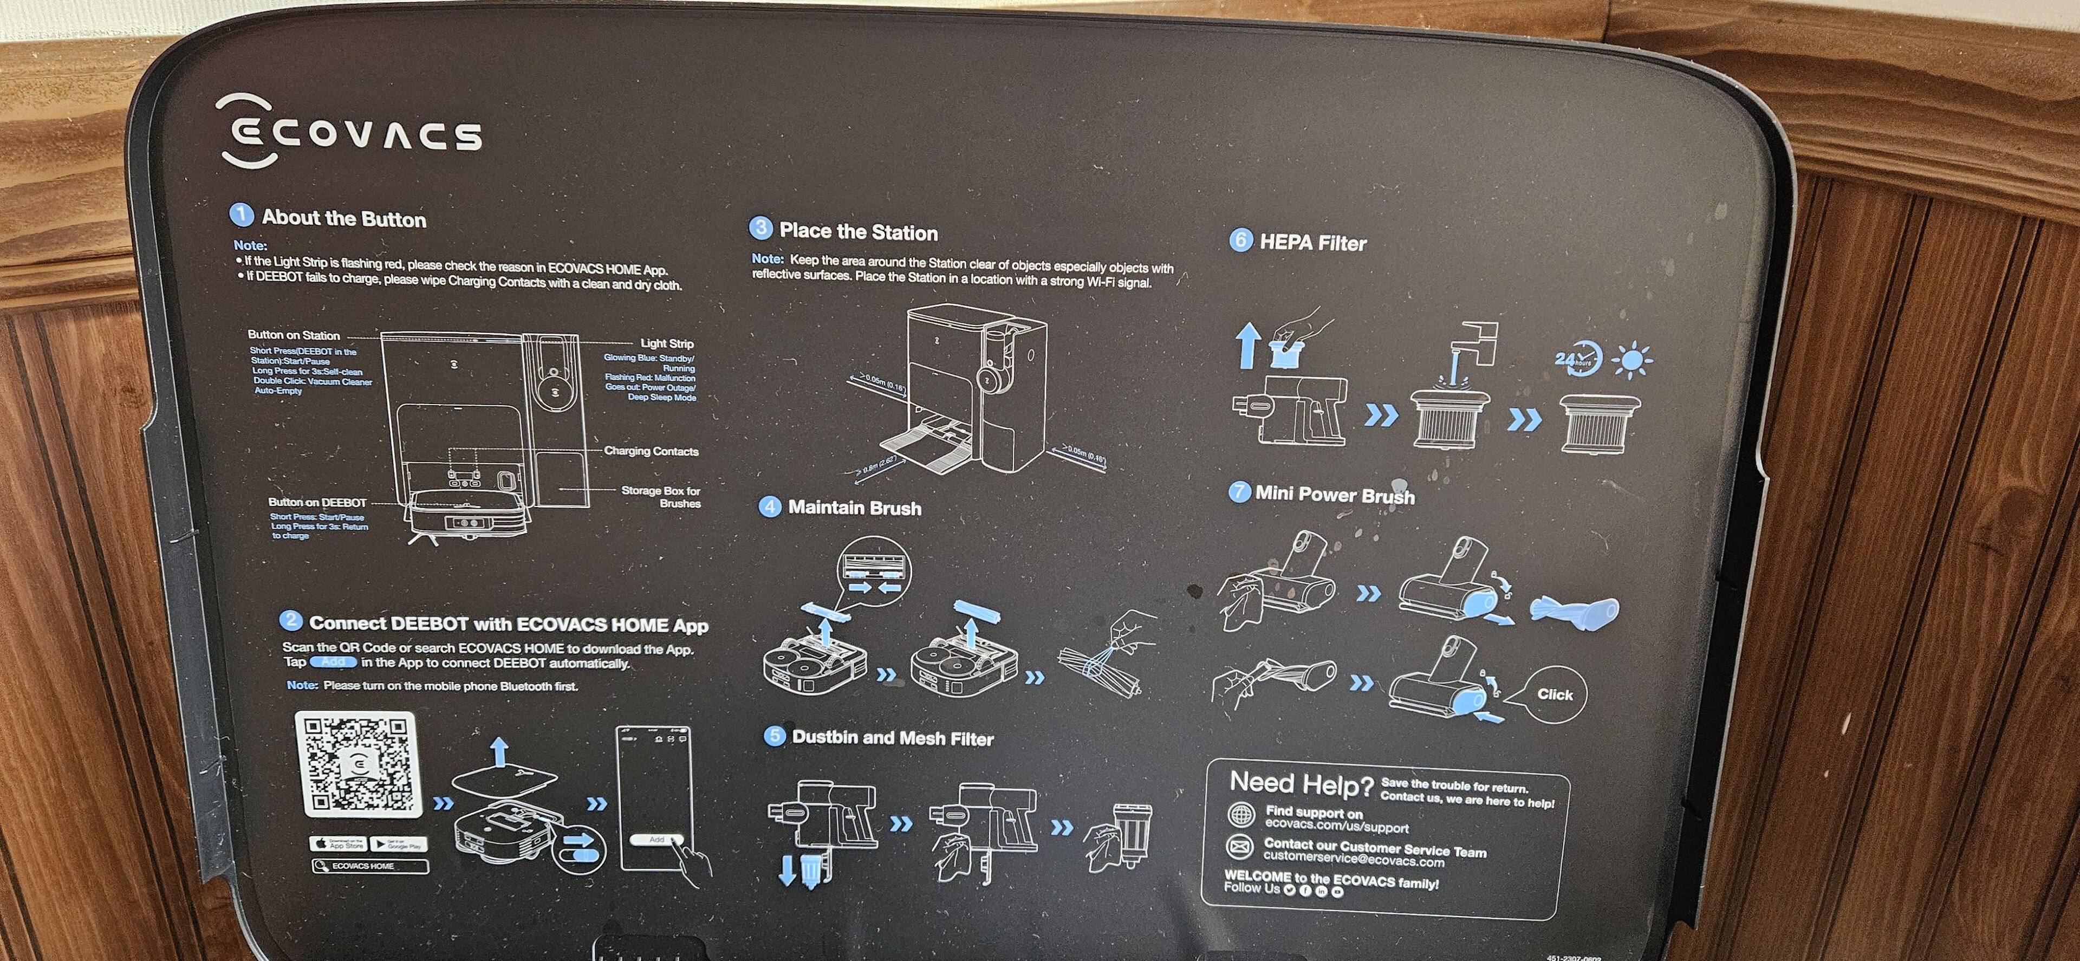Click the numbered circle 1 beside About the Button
pos(240,215)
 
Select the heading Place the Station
pos(857,232)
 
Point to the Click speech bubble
pos(1553,694)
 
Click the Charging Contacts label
pos(651,451)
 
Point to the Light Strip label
pos(666,343)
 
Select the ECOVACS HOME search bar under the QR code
pos(370,866)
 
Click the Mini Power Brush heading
pos(1334,494)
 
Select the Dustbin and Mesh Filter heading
pos(892,737)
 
